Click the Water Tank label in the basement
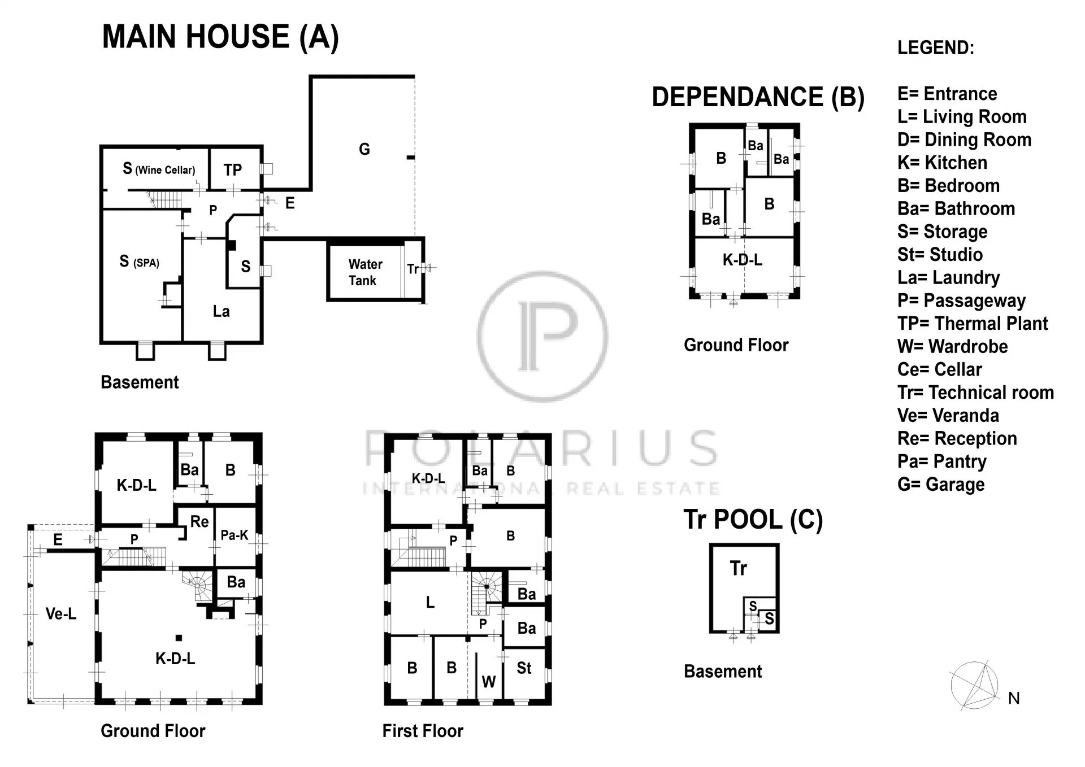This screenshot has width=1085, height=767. pyautogui.click(x=365, y=272)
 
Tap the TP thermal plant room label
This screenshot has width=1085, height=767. pyautogui.click(x=232, y=170)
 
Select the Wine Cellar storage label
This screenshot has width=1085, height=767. pyautogui.click(x=159, y=169)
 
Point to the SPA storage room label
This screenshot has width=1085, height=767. pyautogui.click(x=139, y=262)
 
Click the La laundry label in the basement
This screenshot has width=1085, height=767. pyautogui.click(x=221, y=311)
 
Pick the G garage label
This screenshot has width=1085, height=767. pyautogui.click(x=364, y=149)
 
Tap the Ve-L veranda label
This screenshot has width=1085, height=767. pyautogui.click(x=60, y=613)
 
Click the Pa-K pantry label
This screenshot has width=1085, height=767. pyautogui.click(x=234, y=535)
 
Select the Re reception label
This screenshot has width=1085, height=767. pyautogui.click(x=199, y=521)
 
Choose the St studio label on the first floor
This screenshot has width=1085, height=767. pyautogui.click(x=524, y=668)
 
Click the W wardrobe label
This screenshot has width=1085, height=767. pyautogui.click(x=489, y=682)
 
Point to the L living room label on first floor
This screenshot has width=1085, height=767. pyautogui.click(x=430, y=603)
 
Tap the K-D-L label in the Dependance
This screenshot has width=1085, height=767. pyautogui.click(x=742, y=260)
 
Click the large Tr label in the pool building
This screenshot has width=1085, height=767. pyautogui.click(x=738, y=568)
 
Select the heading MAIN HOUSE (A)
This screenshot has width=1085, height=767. pyautogui.click(x=220, y=37)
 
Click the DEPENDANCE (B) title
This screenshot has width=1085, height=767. pyautogui.click(x=758, y=97)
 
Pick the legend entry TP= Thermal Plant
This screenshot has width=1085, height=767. pyautogui.click(x=973, y=324)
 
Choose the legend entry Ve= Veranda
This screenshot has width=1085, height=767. pyautogui.click(x=948, y=416)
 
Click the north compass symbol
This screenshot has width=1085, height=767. pyautogui.click(x=975, y=686)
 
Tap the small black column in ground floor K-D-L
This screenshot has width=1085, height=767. pyautogui.click(x=179, y=638)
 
